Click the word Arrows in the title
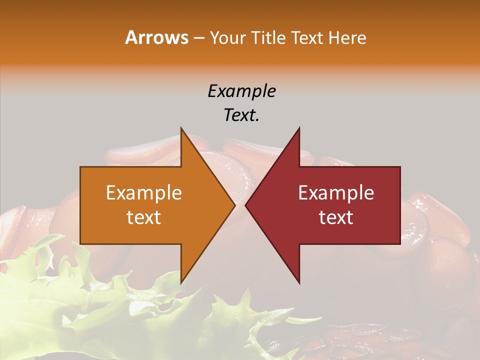click(156, 37)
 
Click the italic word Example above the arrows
click(242, 91)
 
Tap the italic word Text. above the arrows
click(242, 115)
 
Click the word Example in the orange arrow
click(144, 193)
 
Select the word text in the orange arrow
click(144, 217)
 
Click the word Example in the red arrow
click(336, 193)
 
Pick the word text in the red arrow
click(336, 217)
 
